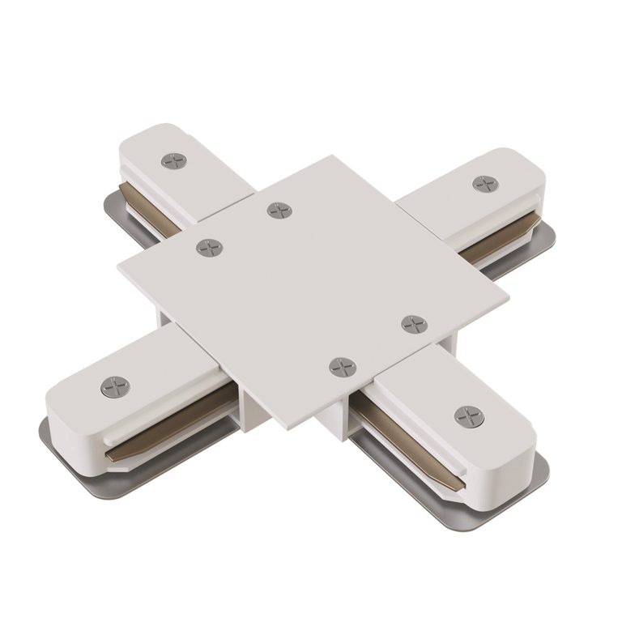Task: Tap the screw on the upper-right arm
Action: click(x=485, y=184)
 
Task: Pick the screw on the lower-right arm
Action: click(x=470, y=416)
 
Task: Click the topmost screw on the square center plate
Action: click(x=279, y=211)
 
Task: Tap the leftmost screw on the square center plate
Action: click(x=210, y=247)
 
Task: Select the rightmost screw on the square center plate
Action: click(x=414, y=324)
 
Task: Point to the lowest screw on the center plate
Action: click(x=343, y=366)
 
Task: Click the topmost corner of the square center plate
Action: click(x=332, y=156)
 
